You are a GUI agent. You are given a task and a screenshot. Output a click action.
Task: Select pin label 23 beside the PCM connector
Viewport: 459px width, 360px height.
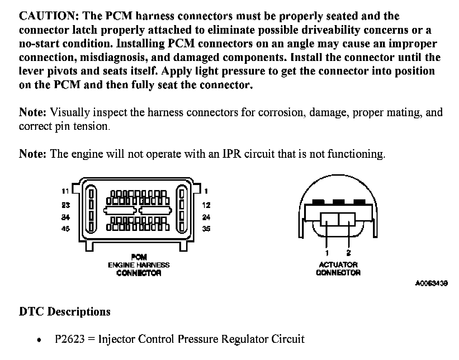click(65, 205)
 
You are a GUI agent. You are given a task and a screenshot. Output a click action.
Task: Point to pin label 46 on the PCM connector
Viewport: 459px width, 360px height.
click(65, 229)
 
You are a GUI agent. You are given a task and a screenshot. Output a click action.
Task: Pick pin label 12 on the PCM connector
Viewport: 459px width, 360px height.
click(206, 205)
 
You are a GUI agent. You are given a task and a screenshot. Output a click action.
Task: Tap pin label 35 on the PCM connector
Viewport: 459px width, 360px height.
click(206, 229)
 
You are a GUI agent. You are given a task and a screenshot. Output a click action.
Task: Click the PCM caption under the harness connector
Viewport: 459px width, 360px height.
click(139, 257)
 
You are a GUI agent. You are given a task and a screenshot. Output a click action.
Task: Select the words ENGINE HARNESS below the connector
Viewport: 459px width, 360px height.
click(139, 265)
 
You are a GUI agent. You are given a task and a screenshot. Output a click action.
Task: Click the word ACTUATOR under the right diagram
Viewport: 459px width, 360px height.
click(338, 265)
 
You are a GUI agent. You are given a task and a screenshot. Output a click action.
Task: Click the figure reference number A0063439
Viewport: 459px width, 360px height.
click(431, 283)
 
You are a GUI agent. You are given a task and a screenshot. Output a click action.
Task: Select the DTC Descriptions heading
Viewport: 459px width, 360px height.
click(65, 311)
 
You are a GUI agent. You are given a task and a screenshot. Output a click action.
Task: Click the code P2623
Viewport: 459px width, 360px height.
click(70, 339)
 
